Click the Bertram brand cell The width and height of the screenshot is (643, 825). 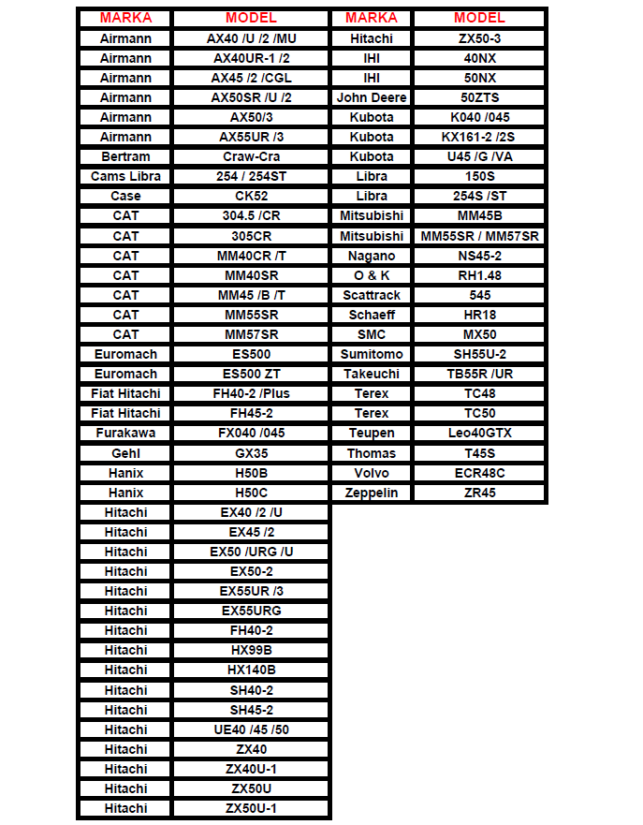click(125, 156)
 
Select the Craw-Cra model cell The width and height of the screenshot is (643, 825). click(251, 156)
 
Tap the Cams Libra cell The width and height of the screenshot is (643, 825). click(125, 176)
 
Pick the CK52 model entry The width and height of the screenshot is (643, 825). click(251, 196)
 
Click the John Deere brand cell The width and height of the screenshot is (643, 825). click(372, 97)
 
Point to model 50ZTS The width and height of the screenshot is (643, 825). click(479, 97)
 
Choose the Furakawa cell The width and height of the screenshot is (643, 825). click(125, 433)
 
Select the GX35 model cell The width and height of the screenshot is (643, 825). click(251, 452)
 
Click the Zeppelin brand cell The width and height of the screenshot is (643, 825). click(372, 493)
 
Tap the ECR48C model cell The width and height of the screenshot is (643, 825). click(479, 473)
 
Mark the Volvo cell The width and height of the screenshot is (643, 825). click(372, 473)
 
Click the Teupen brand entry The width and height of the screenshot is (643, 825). click(372, 433)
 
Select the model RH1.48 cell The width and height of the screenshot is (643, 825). click(479, 275)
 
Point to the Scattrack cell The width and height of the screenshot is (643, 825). click(372, 295)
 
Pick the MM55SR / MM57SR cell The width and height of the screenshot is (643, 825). click(479, 236)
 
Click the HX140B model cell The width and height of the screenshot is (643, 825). click(251, 670)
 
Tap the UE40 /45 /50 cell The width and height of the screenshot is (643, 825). click(251, 729)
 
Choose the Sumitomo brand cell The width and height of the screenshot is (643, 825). click(372, 354)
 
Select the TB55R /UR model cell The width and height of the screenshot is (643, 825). click(479, 374)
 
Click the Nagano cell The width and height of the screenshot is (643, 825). click(372, 256)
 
